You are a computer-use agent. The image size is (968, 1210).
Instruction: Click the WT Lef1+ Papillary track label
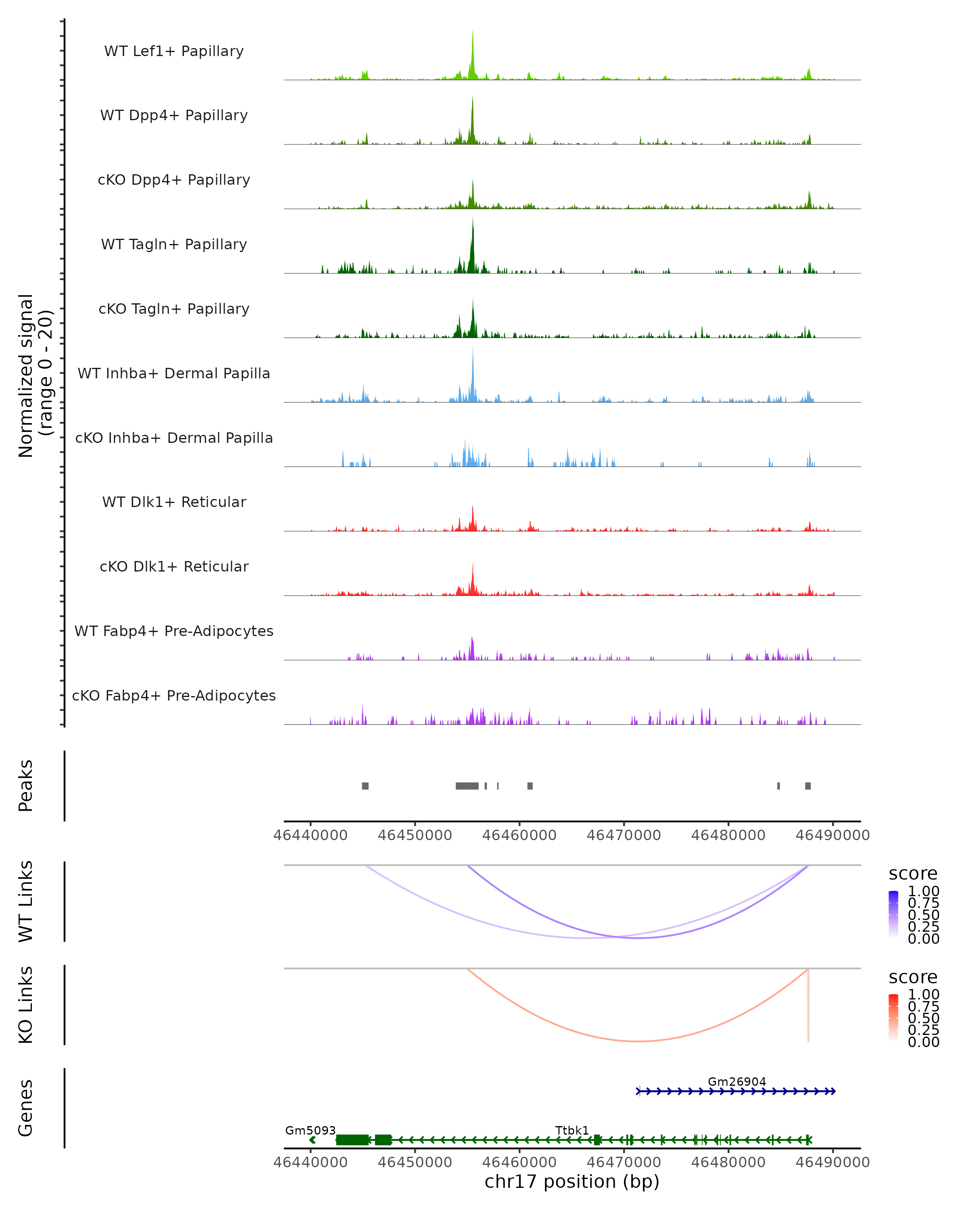174,51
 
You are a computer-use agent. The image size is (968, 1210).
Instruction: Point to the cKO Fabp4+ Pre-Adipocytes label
174,695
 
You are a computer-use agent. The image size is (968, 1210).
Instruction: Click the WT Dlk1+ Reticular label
174,502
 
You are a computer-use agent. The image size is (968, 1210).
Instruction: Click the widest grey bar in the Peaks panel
467,786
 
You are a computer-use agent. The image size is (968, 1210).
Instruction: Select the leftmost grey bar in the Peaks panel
365,786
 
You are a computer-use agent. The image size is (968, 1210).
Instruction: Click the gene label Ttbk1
572,1130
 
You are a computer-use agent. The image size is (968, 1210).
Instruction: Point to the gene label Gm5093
310,1130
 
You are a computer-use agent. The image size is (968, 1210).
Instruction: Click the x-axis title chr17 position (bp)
572,1181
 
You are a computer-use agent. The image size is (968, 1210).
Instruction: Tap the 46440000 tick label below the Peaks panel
310,835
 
